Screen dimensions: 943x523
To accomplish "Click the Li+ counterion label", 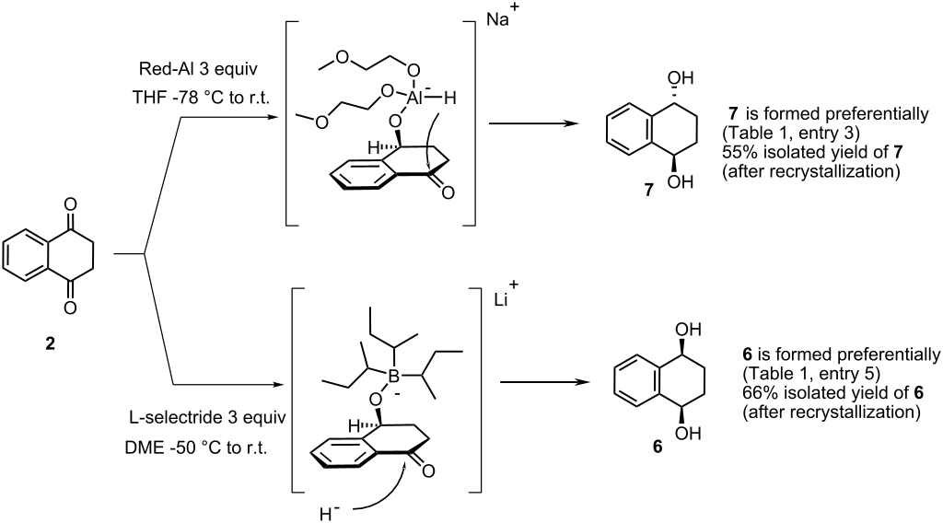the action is point(498,297).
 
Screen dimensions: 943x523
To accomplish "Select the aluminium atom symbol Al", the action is point(416,97).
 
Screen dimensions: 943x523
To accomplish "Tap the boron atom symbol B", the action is point(394,377).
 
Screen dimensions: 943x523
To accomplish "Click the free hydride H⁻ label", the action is point(330,514).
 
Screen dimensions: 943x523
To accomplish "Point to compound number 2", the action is point(50,343).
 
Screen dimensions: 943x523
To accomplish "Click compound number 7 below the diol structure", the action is point(648,191).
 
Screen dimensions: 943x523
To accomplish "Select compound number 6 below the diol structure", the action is point(658,447).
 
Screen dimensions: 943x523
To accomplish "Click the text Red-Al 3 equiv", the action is point(198,69).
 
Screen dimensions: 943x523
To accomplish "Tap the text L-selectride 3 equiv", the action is point(208,417).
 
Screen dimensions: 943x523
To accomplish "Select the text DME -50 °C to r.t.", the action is point(198,447).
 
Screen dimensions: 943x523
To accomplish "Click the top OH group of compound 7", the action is point(681,77).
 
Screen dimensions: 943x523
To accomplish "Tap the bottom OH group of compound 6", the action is point(688,433).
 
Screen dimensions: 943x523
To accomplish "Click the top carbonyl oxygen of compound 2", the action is point(70,204).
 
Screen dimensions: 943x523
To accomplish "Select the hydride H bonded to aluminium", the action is point(449,97).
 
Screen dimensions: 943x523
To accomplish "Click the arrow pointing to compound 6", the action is point(543,382).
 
